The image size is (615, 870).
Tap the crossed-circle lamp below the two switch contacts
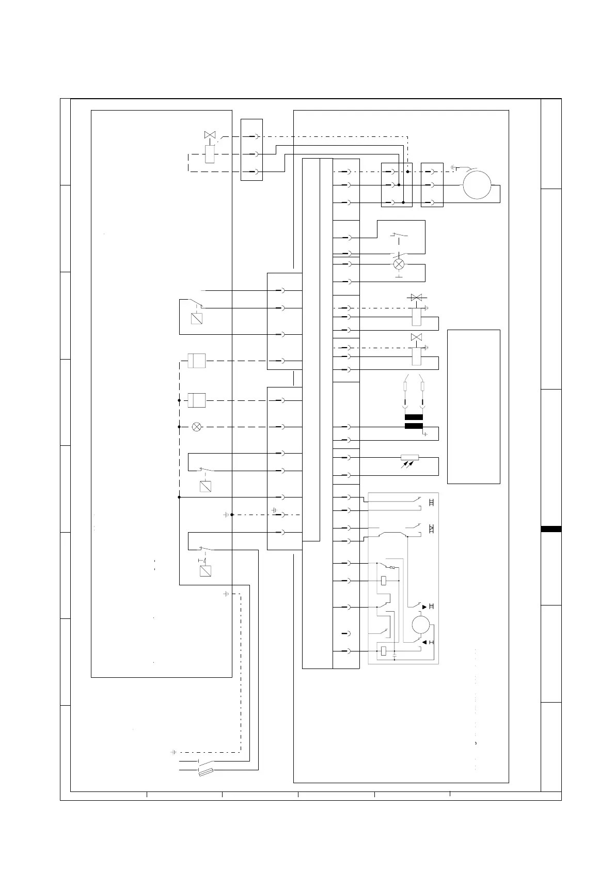(399, 264)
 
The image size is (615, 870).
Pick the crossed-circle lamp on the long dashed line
(196, 427)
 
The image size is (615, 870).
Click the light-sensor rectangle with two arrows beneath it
(409, 457)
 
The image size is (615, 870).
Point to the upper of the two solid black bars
(414, 417)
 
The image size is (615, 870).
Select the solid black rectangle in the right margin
(551, 529)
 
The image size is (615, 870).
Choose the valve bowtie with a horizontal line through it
(416, 298)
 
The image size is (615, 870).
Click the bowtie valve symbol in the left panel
(210, 135)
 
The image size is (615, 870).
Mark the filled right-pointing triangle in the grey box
(425, 606)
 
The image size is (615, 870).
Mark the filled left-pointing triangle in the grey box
(425, 642)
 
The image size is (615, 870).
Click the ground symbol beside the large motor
(454, 167)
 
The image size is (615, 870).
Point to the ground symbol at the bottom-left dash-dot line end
(174, 752)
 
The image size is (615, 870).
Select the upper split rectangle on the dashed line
(196, 361)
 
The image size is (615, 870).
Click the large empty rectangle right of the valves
(474, 407)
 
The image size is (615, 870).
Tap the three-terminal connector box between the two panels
(251, 150)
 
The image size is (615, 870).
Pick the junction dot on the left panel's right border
(232, 515)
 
